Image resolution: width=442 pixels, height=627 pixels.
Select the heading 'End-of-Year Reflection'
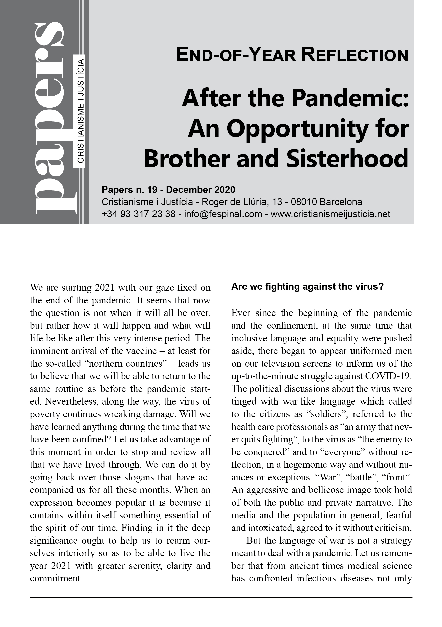click(292, 55)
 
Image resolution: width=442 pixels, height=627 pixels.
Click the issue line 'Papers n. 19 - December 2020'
click(168, 190)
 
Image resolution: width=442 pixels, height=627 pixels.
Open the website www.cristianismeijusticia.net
click(330, 214)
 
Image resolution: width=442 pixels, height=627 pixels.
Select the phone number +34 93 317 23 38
click(139, 214)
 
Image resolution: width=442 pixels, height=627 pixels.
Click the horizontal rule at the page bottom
click(221, 598)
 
